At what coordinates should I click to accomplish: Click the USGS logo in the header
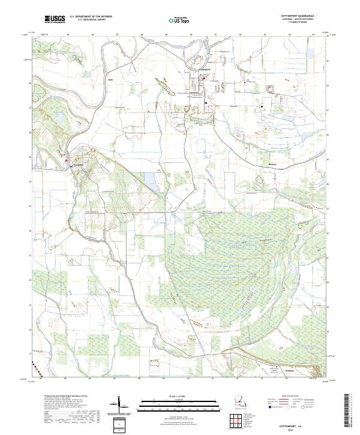[x=55, y=20]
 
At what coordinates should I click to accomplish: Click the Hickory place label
[x=272, y=163]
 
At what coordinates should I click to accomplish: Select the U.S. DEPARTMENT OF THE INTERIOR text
[x=91, y=17]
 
